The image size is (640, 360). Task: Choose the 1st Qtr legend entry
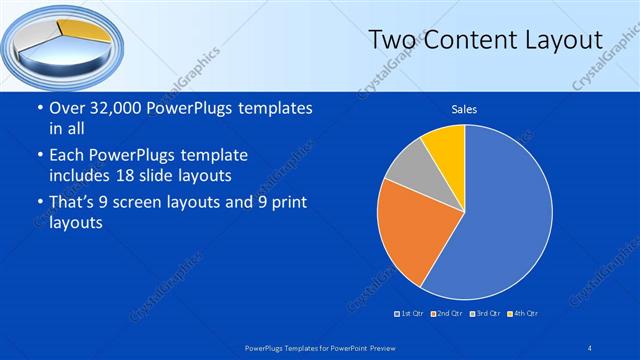point(410,314)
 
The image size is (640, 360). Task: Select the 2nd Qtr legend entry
point(448,314)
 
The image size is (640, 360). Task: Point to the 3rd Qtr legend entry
point(486,314)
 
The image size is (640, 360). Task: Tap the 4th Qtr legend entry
point(523,314)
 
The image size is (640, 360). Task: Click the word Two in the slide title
point(391,40)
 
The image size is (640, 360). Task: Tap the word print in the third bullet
point(284,203)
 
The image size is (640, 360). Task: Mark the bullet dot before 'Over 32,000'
point(38,109)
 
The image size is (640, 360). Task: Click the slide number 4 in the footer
point(591,347)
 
